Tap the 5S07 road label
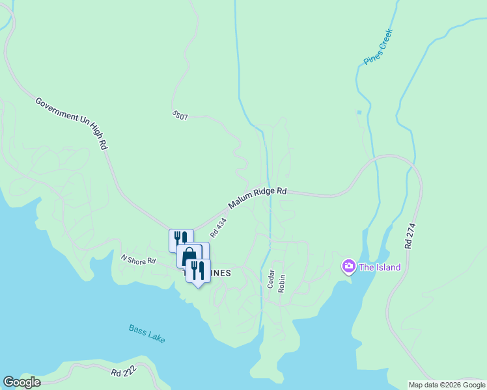tap(180, 116)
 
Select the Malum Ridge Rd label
tap(257, 198)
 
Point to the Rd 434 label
tap(218, 227)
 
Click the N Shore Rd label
tap(139, 259)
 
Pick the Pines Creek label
tap(378, 50)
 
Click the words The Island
tap(380, 267)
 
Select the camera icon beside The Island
tap(348, 266)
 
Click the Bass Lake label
tap(146, 334)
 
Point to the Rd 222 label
tap(125, 372)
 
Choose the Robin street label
tap(282, 283)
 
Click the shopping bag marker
tap(189, 255)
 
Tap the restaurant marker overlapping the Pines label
tap(197, 270)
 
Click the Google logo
tap(21, 382)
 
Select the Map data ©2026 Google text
tap(447, 385)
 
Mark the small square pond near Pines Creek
tap(358, 112)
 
